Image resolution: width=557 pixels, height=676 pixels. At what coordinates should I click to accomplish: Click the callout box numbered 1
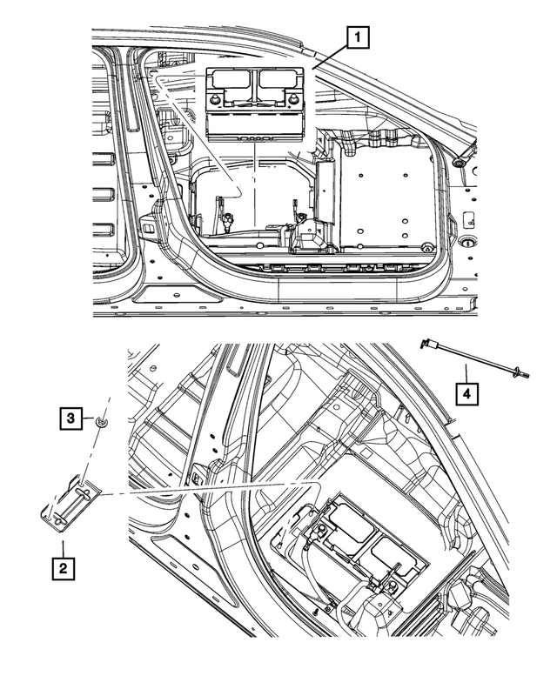point(358,37)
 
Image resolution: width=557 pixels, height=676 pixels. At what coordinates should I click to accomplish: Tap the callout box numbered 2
point(64,568)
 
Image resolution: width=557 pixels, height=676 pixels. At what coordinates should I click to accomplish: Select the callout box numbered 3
point(71,418)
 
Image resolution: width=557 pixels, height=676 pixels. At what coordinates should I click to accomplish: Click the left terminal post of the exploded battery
point(214,100)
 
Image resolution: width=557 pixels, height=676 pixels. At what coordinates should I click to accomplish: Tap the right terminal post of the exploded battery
point(294,100)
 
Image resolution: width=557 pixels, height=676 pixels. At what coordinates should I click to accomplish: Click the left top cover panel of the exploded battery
point(231,79)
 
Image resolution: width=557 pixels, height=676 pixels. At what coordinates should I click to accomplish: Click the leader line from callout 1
point(330,58)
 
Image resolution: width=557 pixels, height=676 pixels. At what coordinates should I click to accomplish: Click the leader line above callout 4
point(466,373)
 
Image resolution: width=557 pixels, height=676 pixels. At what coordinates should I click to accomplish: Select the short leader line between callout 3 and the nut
point(89,418)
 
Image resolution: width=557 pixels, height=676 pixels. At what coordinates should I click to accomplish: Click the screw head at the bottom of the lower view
point(318,611)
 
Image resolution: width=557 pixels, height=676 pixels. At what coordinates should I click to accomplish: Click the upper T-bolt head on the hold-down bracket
point(85,490)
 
